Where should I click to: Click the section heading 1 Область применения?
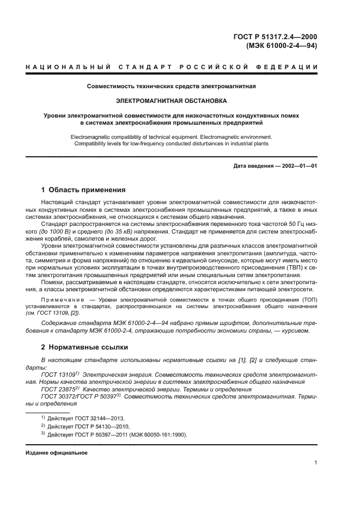83,190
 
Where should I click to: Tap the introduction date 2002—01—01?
298,165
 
